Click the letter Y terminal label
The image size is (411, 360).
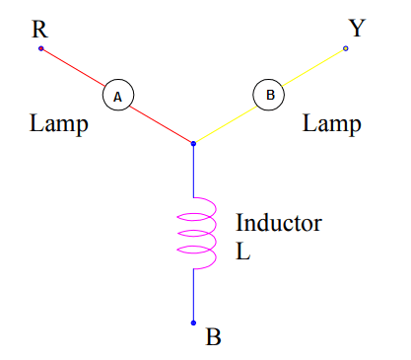(356, 28)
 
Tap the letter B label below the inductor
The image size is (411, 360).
(213, 337)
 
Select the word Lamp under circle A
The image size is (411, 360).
(59, 125)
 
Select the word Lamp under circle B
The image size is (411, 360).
(331, 125)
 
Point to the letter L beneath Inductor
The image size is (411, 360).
(243, 251)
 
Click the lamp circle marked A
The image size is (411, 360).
(117, 96)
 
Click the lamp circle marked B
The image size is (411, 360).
(269, 96)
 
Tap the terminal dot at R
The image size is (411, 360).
(40, 47)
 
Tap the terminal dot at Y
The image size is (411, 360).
(345, 47)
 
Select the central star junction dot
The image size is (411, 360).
(193, 144)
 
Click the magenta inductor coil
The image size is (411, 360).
(196, 233)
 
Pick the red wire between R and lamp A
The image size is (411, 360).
(72, 67)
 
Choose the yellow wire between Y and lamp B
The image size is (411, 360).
(313, 67)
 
